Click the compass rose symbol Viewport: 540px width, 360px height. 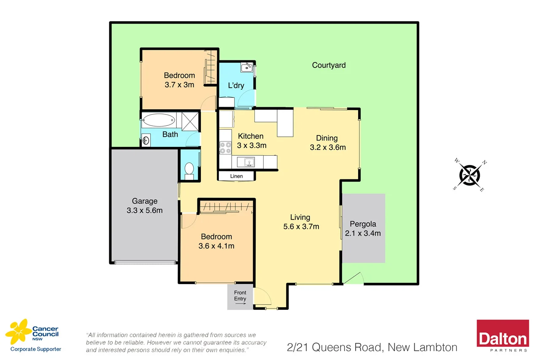point(470,175)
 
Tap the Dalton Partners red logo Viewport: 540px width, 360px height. point(502,336)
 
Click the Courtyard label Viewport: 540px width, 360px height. point(329,65)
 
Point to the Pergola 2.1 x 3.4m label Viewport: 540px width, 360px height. point(363,228)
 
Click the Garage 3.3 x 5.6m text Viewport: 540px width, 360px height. point(144,206)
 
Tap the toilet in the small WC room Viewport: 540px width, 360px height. point(189,170)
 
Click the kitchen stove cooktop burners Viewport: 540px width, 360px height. point(225,147)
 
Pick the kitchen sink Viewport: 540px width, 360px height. point(248,161)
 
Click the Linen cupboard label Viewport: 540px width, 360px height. point(236,176)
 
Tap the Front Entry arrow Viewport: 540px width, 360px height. point(240,303)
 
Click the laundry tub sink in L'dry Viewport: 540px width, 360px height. point(246,67)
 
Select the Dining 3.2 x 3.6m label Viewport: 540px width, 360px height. point(327,143)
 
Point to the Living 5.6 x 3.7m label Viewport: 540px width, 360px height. point(301,222)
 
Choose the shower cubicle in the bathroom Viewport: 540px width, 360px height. point(190,120)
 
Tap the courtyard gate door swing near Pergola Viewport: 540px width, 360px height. point(353,279)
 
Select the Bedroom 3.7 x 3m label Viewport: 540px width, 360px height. point(179,80)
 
